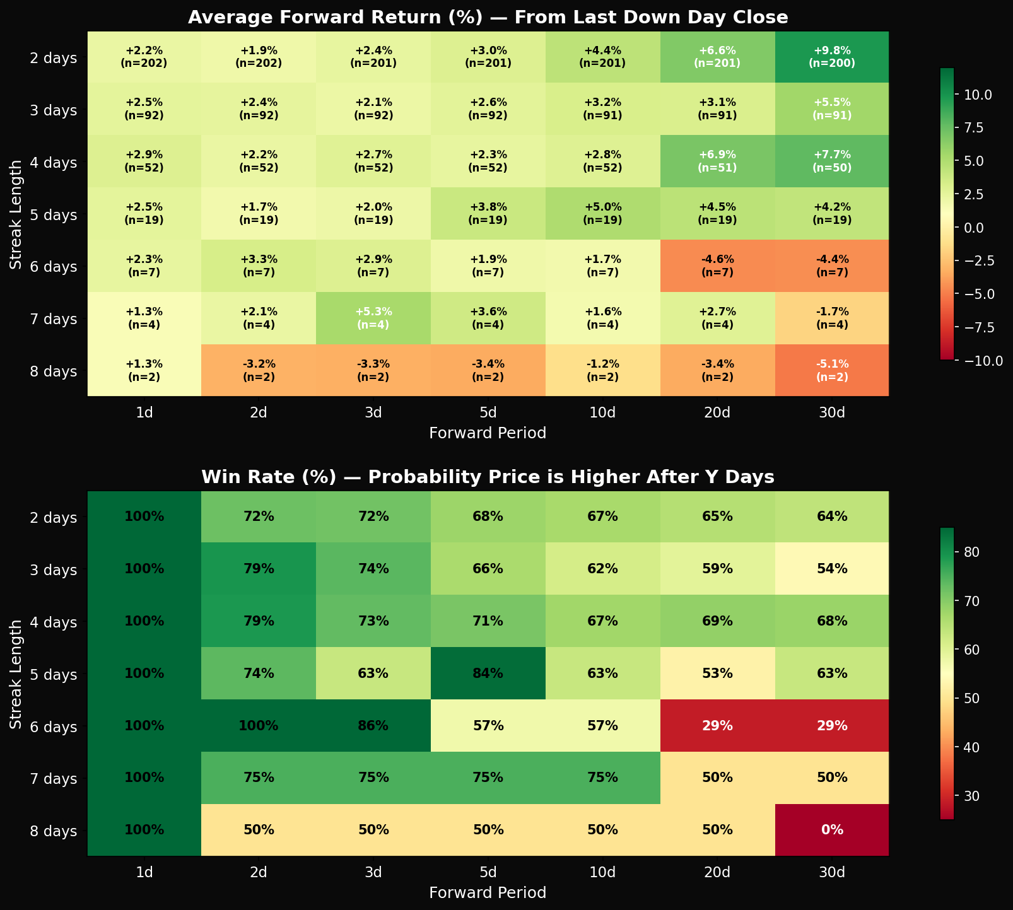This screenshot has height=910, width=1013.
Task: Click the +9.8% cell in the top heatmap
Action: [831, 57]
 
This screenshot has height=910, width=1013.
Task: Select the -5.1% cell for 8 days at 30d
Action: [831, 370]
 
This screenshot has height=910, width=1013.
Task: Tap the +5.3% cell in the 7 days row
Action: [373, 318]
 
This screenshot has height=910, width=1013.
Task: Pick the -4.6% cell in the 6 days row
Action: [717, 266]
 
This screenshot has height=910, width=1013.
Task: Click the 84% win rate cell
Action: [488, 674]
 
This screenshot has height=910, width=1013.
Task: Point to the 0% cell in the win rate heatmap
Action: [831, 830]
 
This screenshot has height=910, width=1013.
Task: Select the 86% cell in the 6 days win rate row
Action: [373, 726]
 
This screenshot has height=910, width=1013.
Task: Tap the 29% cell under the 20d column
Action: [717, 726]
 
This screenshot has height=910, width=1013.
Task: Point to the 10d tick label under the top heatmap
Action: [602, 412]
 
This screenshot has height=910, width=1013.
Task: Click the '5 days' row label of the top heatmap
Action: [54, 214]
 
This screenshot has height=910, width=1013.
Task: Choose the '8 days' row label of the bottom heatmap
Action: [54, 830]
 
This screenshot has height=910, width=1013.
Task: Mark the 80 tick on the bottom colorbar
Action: [969, 552]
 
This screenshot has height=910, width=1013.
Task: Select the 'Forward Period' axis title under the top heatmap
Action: [488, 433]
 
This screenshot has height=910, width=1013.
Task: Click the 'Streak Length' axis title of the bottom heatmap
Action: [16, 674]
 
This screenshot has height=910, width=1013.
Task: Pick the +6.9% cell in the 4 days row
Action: [717, 162]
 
